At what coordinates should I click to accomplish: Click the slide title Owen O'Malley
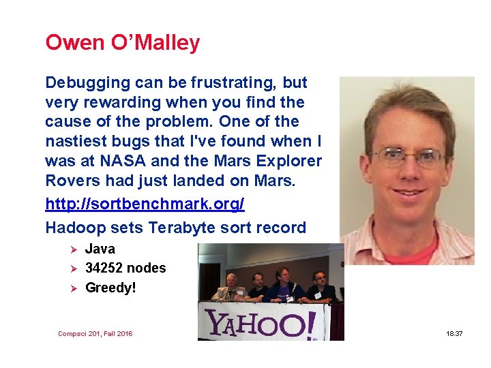[122, 43]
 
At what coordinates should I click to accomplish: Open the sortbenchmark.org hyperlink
[145, 204]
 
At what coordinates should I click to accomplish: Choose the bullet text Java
[100, 249]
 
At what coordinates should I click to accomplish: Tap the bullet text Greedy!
[110, 288]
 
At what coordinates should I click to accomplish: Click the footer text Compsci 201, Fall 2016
[95, 334]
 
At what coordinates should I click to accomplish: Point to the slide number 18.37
[455, 334]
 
